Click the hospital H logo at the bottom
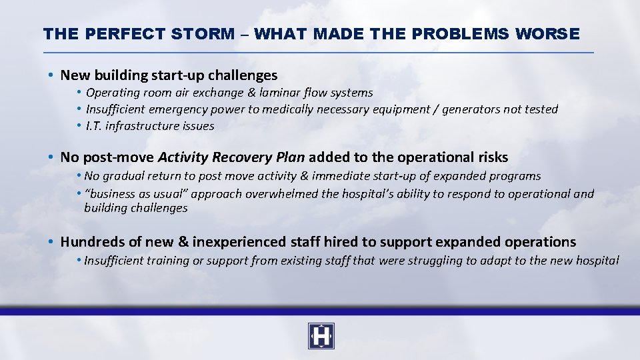coord(321,336)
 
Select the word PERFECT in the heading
coord(124,33)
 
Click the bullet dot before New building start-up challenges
coord(51,75)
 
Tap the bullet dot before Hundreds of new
coord(51,242)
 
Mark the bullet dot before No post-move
coord(51,157)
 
